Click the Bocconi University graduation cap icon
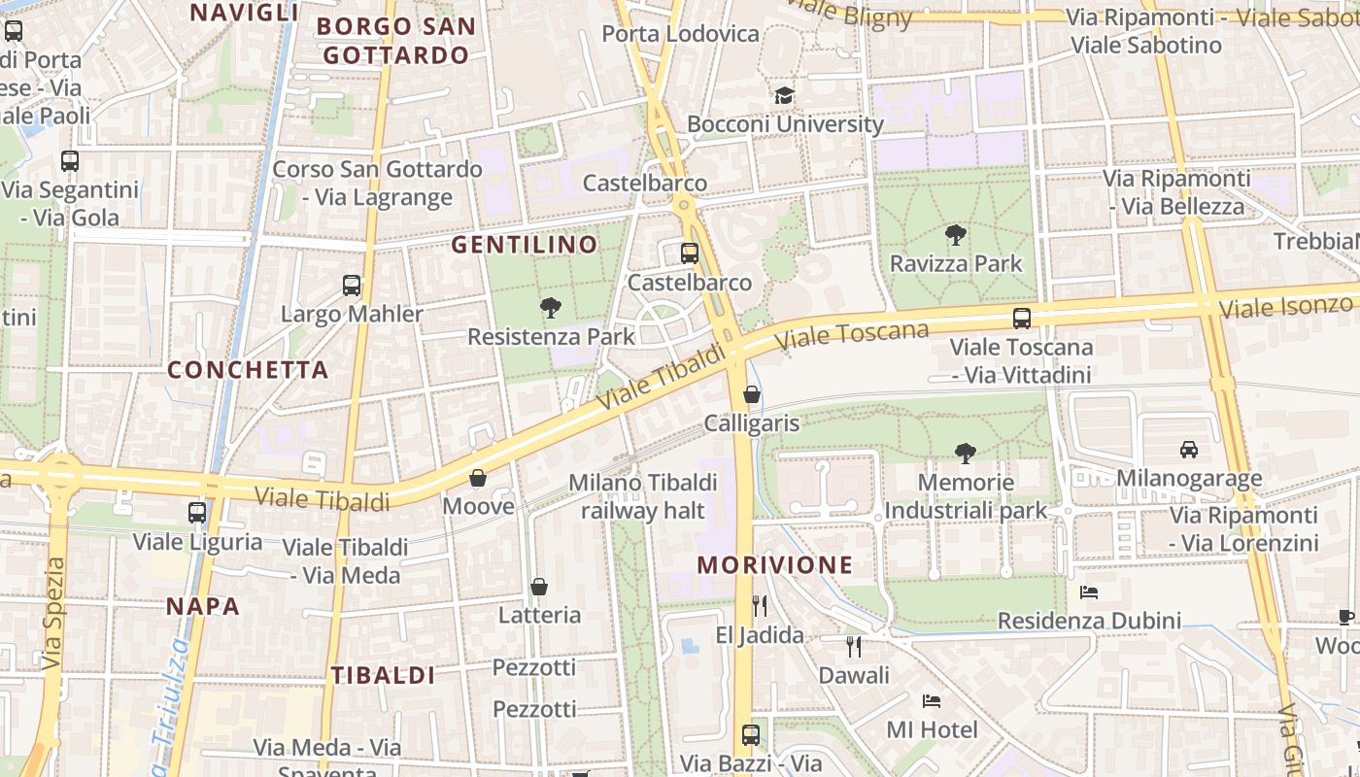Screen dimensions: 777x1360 (784, 95)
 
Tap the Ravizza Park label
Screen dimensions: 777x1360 (956, 263)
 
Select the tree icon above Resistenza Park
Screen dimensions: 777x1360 (551, 309)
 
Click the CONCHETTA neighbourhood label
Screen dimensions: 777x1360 (248, 370)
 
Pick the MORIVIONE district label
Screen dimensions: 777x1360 (774, 565)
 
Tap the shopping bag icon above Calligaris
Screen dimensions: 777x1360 (752, 394)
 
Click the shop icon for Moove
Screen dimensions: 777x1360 (478, 478)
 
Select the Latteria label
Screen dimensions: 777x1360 (539, 615)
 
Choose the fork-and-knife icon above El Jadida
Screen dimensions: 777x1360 (760, 606)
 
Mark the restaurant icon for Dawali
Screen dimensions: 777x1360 (854, 646)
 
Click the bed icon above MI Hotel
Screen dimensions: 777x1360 (932, 700)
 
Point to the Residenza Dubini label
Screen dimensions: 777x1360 (1089, 621)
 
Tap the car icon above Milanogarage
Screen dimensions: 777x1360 (1189, 449)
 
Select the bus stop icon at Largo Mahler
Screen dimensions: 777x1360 (352, 286)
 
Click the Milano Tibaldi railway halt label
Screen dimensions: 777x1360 (643, 495)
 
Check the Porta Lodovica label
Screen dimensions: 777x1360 (680, 34)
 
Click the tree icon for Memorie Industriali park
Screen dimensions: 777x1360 (965, 453)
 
